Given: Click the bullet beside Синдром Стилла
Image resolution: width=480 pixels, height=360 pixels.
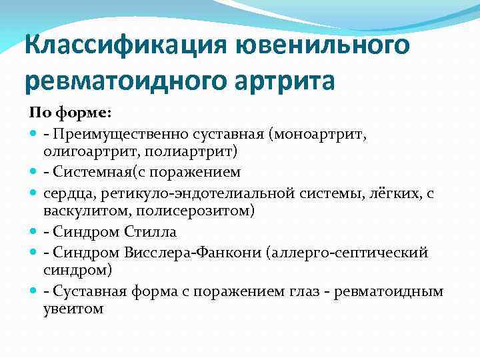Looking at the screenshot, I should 33,233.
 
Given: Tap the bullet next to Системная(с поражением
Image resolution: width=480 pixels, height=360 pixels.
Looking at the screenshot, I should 33,173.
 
